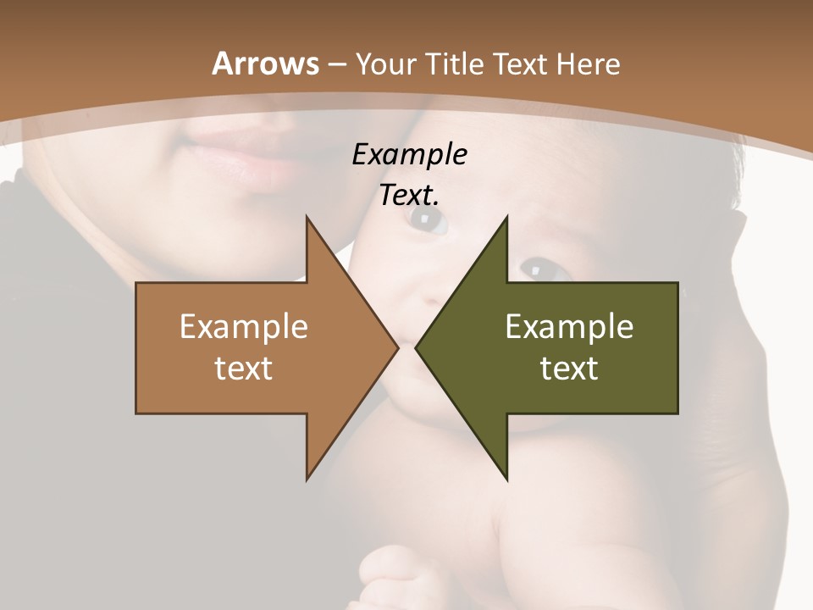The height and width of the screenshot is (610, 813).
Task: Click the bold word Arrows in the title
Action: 265,64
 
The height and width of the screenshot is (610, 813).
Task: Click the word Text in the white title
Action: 518,64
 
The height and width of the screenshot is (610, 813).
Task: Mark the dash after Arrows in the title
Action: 336,65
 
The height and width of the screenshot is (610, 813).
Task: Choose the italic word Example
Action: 409,155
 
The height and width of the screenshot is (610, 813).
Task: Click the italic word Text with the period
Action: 409,196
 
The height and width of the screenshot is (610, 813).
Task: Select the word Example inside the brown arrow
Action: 244,327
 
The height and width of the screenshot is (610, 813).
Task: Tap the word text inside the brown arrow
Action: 244,368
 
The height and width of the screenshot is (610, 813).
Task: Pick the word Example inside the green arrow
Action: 569,327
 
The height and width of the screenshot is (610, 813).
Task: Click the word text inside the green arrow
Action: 569,368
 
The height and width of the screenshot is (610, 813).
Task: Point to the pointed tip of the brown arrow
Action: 397,348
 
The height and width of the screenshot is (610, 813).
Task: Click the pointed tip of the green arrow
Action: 417,348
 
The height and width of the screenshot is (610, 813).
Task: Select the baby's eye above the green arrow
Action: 536,269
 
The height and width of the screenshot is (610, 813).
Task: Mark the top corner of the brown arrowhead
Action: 307,218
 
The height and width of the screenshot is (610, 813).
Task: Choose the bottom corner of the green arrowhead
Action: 507,479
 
